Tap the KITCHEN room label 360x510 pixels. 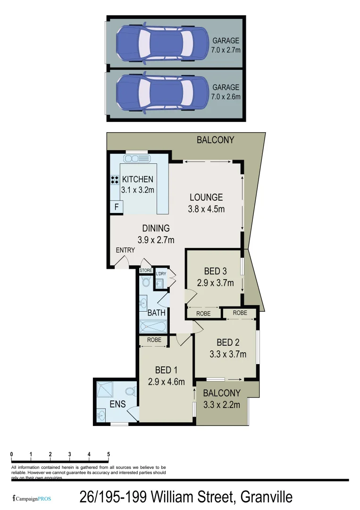tap(138, 179)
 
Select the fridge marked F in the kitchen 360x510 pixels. tap(116, 207)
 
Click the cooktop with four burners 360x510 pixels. tap(115, 179)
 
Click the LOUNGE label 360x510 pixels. tap(206, 197)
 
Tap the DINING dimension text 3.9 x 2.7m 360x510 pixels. tap(156, 240)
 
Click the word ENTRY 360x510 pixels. tap(126, 250)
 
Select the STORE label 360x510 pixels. tap(146, 271)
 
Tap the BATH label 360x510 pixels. tap(156, 313)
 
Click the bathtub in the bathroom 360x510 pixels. tap(152, 326)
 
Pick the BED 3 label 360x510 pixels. tap(216, 272)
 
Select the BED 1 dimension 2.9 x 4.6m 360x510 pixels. tap(166, 382)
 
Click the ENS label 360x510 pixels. tap(117, 404)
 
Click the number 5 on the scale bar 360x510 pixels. tap(109, 454)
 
